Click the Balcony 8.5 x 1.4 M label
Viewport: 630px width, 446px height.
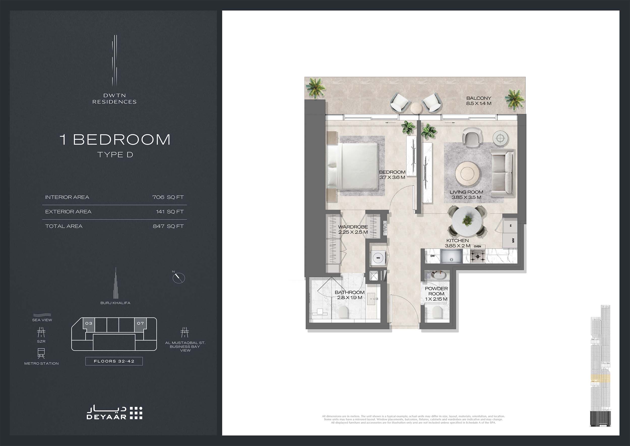479,101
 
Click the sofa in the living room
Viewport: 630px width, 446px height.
502,173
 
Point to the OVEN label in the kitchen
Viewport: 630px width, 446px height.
477,246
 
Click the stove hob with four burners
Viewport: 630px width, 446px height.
478,257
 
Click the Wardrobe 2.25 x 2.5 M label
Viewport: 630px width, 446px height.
353,229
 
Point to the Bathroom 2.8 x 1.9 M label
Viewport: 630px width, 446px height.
349,295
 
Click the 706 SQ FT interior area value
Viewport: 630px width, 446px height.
168,197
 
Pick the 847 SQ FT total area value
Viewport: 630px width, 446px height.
168,226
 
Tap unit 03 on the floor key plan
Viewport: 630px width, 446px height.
89,323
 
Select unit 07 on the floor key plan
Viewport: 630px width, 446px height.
140,323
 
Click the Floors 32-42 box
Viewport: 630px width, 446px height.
114,361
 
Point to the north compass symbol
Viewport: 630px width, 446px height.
179,278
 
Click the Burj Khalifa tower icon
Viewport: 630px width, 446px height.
115,284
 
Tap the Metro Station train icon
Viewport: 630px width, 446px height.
41,353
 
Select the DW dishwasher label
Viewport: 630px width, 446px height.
432,256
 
